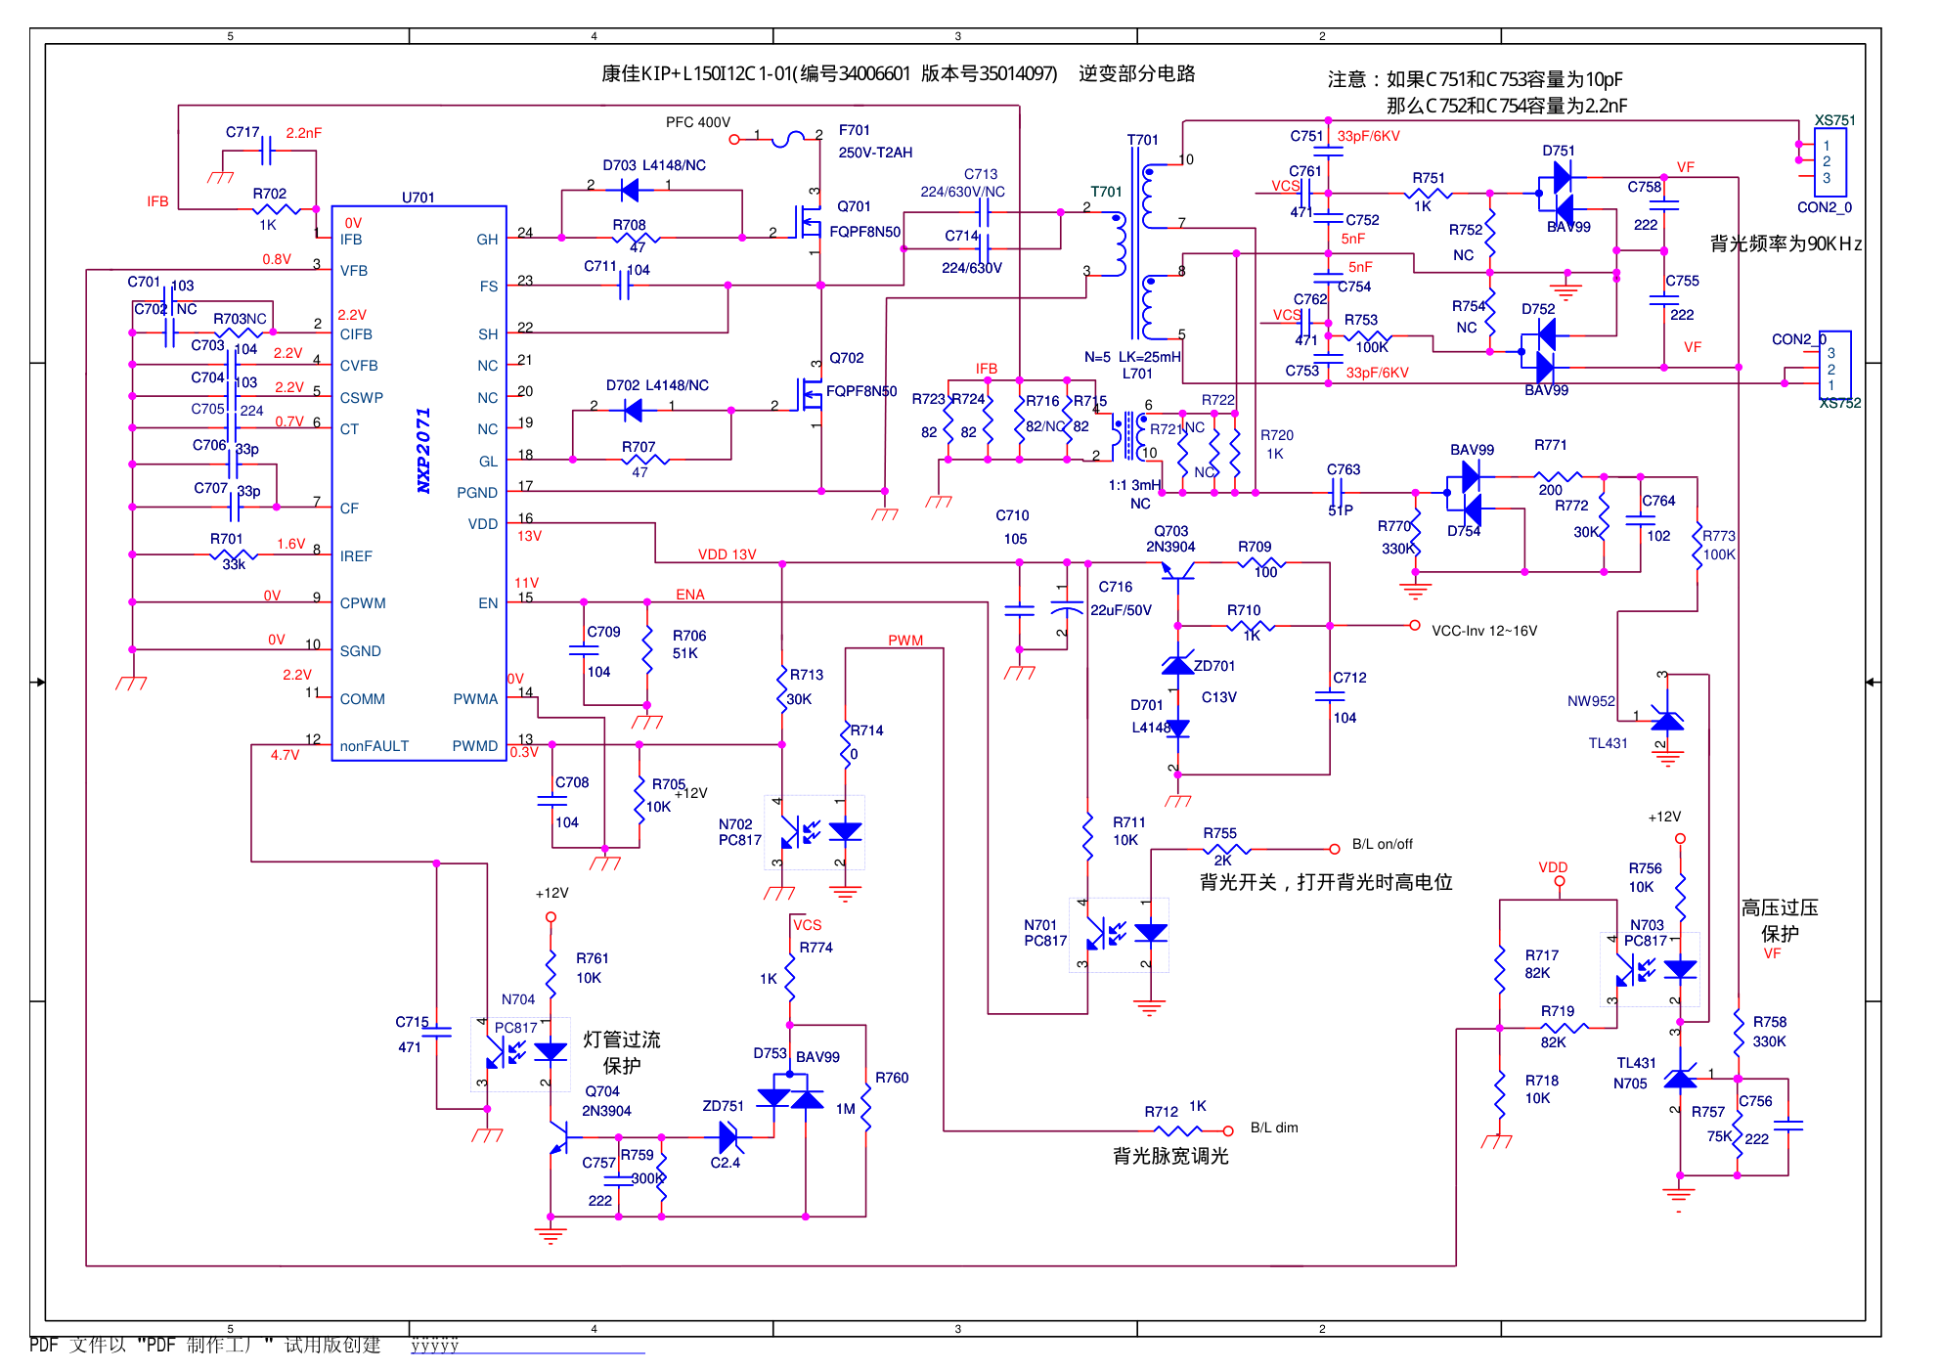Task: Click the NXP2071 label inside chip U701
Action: point(423,450)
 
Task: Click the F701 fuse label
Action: point(854,130)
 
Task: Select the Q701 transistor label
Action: point(854,206)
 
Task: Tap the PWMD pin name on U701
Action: point(474,746)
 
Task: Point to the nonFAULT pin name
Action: point(374,746)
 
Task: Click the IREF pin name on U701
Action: point(356,556)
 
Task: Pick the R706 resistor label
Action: point(689,636)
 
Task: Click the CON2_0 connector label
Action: point(1824,207)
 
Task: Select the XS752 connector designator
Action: point(1839,403)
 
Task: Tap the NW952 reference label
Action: point(1591,701)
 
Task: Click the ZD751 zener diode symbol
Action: point(728,1137)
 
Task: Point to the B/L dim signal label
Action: point(1274,1128)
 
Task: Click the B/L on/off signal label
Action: point(1382,844)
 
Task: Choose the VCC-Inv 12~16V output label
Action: point(1483,631)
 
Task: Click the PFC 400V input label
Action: point(697,122)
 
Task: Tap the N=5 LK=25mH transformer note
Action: point(1132,357)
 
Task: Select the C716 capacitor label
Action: point(1115,587)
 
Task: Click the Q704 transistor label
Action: point(602,1091)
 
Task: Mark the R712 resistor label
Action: point(1161,1112)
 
